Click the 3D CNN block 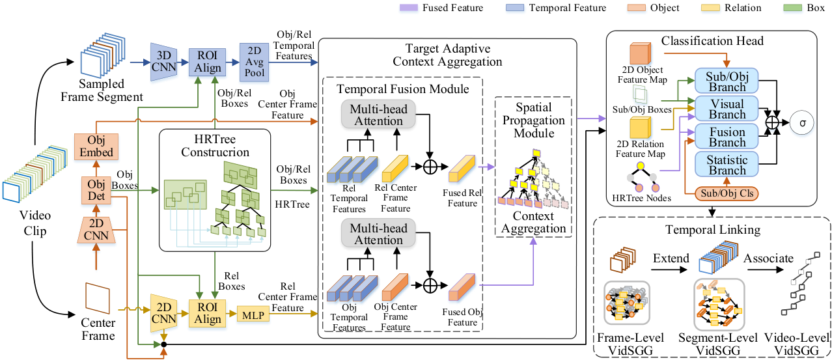coord(164,62)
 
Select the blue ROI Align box coord(207,62)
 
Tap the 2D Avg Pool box coord(254,62)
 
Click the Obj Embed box coord(96,146)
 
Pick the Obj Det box coord(96,190)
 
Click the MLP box coord(253,316)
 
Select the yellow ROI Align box coord(207,314)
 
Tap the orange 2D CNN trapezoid coord(96,230)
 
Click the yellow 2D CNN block coord(164,313)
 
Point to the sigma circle coord(802,122)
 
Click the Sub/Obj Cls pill coord(727,193)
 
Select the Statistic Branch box coord(727,164)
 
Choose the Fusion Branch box coord(727,136)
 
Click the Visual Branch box coord(727,109)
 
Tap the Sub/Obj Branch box coord(727,81)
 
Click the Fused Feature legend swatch coord(409,8)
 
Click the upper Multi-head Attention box coord(378,115)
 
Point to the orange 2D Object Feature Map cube coord(641,53)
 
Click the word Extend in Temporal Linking coord(671,258)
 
